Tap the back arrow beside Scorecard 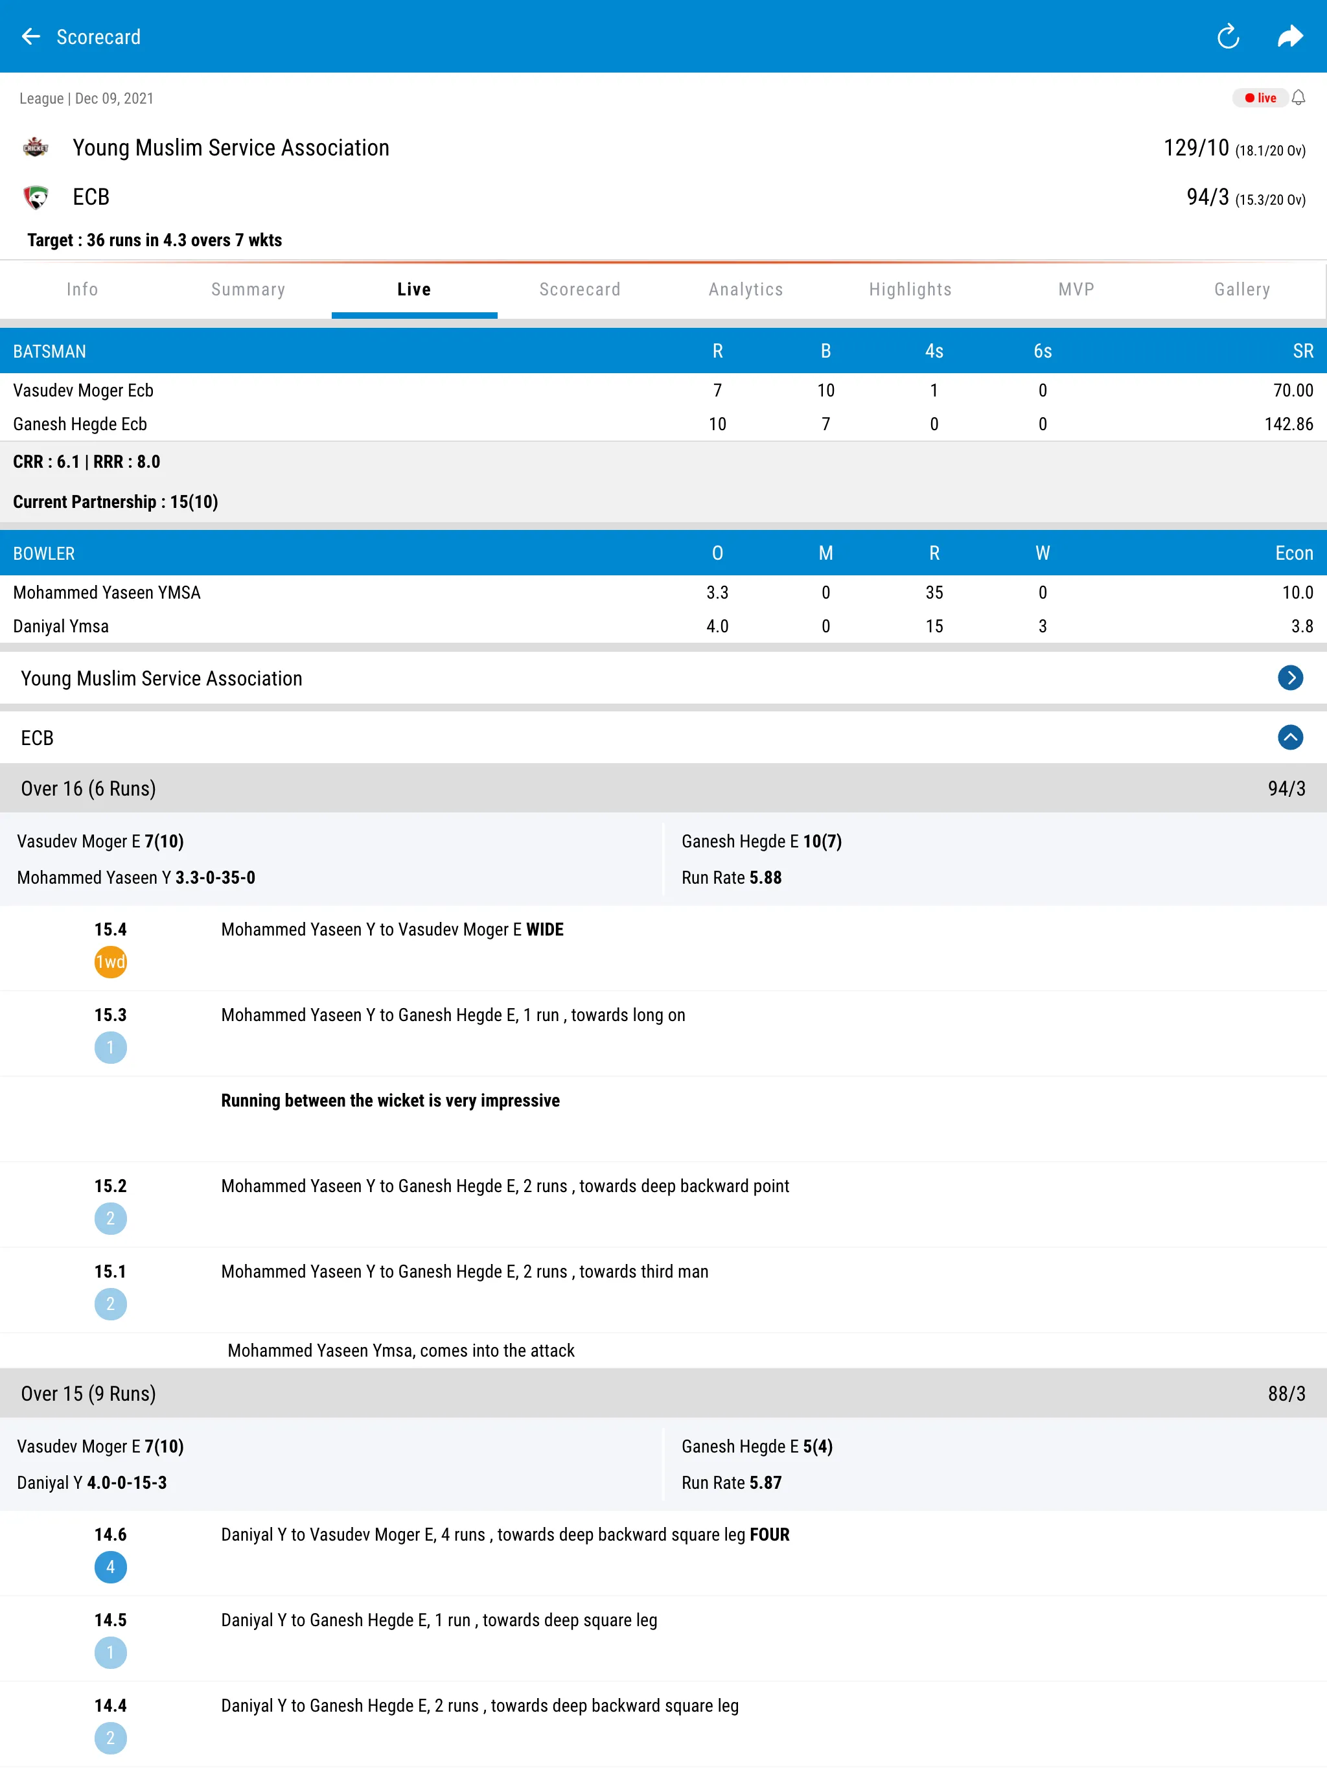point(30,37)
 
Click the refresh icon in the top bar point(1228,37)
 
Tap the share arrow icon point(1290,37)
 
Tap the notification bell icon point(1298,98)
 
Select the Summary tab point(248,290)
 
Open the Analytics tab point(745,290)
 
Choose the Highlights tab point(910,290)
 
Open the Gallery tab point(1241,290)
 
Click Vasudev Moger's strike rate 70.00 point(1293,391)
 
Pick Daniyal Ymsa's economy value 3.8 point(1301,626)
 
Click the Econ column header point(1293,554)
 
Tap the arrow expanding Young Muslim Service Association point(1289,678)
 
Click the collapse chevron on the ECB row point(1289,737)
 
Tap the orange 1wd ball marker point(110,962)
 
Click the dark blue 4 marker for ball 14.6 point(110,1567)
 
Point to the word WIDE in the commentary point(544,930)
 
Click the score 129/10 point(1195,148)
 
